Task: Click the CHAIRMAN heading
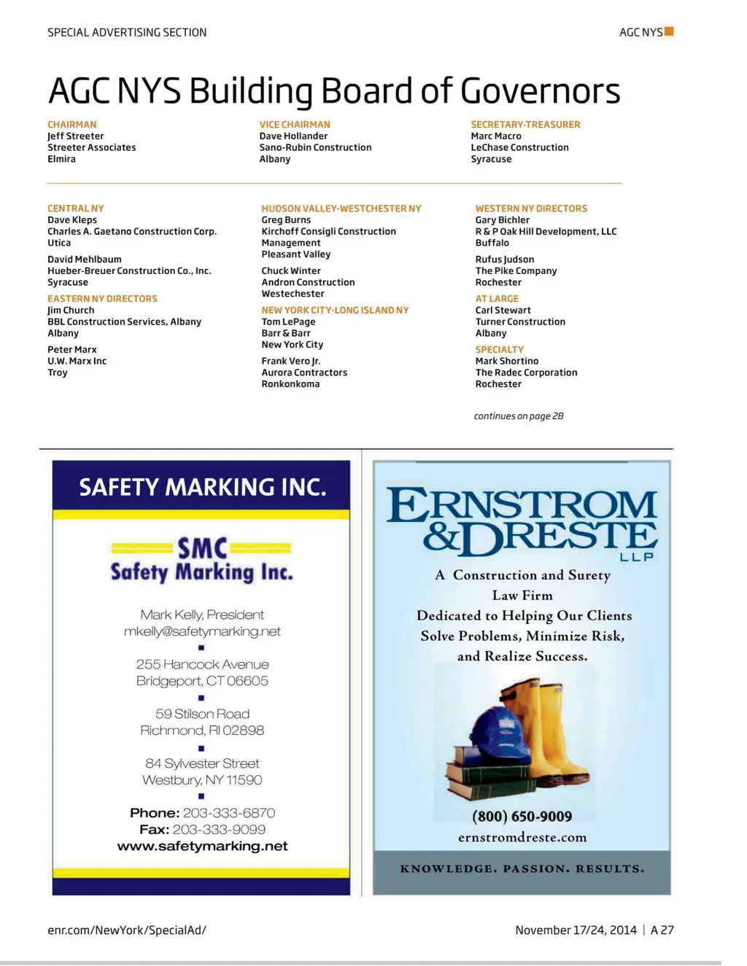(x=71, y=125)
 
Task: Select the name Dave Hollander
(x=293, y=136)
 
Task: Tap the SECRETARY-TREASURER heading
(x=525, y=125)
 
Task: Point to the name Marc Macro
(x=496, y=136)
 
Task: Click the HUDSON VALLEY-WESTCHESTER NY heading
(x=341, y=209)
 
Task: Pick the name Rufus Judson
(x=505, y=260)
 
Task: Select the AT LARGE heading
(x=497, y=299)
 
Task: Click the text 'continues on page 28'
(x=519, y=416)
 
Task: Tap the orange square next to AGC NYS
(x=669, y=31)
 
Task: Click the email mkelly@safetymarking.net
(x=202, y=631)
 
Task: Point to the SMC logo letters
(x=202, y=548)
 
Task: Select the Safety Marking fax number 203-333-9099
(x=219, y=830)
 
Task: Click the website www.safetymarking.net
(x=202, y=846)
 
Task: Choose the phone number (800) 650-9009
(x=522, y=817)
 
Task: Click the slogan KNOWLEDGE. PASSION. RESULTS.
(x=522, y=869)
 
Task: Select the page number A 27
(x=662, y=930)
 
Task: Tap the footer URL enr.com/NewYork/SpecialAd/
(x=127, y=930)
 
